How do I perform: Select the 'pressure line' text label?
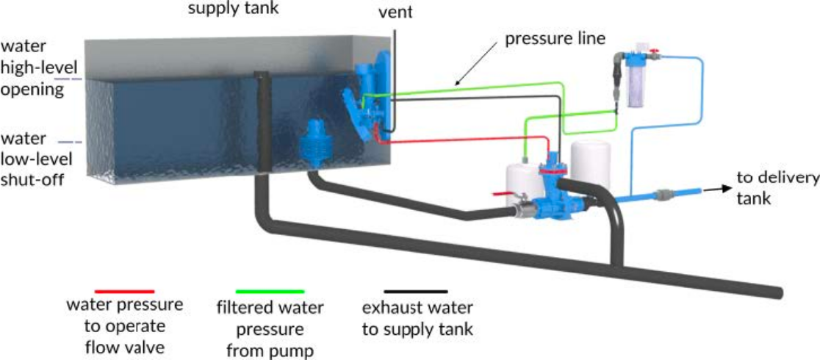[543, 37]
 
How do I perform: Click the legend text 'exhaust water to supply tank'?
[417, 318]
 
